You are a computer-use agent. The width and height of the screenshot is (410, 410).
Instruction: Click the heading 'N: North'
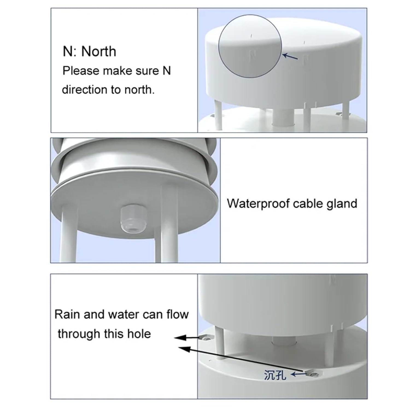tap(89, 51)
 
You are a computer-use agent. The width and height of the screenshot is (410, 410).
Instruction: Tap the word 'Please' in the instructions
tap(81, 71)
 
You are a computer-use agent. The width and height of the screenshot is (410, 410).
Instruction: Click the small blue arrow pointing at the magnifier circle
tap(290, 57)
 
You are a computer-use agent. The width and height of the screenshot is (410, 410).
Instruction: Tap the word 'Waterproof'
tap(258, 204)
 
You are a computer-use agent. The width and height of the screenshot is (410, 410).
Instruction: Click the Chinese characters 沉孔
tap(275, 375)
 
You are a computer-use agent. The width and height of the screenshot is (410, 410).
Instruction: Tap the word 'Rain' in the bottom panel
tap(67, 314)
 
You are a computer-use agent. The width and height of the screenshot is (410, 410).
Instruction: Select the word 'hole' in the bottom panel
tap(139, 334)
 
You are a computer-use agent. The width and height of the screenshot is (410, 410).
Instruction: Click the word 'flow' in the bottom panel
tap(177, 314)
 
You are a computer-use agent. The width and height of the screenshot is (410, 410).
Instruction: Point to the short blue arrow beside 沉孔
tap(298, 374)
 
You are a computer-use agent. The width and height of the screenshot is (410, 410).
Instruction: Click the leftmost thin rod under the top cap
tap(218, 115)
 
